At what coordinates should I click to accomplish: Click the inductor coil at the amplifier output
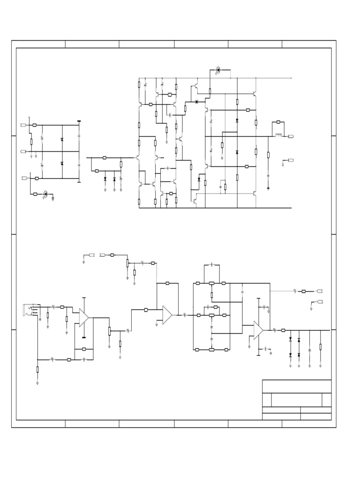point(278,136)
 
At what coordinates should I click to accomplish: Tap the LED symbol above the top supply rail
point(218,71)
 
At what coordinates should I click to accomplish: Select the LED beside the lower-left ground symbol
point(45,194)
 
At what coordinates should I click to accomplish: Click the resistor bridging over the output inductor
point(278,122)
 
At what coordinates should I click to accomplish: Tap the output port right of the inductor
point(291,136)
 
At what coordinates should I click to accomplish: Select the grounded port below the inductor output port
point(291,161)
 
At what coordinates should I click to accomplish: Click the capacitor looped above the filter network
point(211,265)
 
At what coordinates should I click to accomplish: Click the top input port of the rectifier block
point(23,125)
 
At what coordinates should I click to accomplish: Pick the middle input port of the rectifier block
point(23,151)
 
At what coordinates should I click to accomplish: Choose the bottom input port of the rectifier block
point(24,178)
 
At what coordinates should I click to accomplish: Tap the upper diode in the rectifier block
point(62,140)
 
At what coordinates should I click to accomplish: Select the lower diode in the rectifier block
point(62,163)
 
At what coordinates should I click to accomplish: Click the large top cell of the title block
point(297,386)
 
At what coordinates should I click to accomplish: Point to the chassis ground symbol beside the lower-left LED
point(53,198)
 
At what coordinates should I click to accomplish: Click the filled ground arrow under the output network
point(268,188)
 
